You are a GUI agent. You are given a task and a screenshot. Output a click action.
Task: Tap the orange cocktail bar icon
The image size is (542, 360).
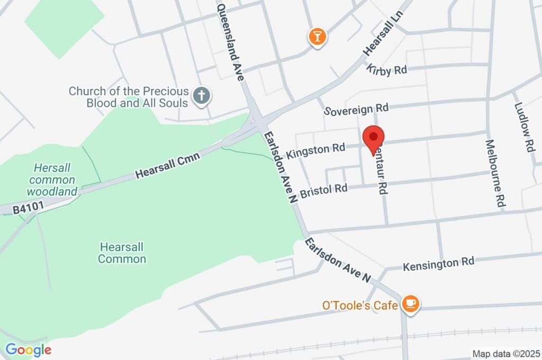(317, 37)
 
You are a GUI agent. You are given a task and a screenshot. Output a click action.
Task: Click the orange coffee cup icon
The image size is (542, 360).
(410, 304)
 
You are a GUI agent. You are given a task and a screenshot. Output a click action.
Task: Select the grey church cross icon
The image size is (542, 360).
(201, 96)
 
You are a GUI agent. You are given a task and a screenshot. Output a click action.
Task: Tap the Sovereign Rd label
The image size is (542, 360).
(357, 110)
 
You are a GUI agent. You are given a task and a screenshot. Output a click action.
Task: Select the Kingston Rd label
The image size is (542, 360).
(315, 151)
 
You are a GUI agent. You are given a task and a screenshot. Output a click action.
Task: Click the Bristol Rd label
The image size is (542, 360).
(323, 191)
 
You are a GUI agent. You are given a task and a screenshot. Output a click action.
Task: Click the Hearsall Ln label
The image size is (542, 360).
(380, 35)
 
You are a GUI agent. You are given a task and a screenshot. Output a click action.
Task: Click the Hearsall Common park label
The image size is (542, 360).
(122, 253)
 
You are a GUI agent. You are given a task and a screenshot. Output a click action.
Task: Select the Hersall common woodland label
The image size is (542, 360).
(52, 179)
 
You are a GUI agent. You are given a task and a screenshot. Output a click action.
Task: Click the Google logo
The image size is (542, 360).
(28, 349)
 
